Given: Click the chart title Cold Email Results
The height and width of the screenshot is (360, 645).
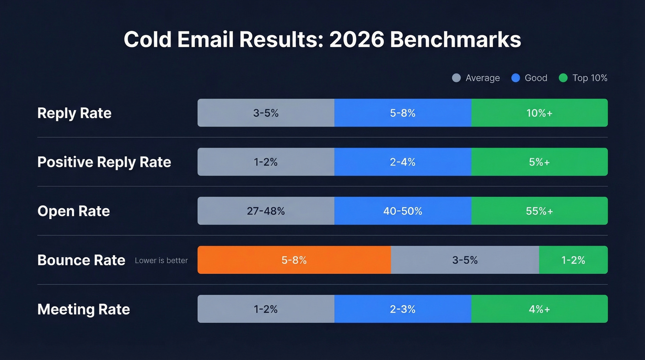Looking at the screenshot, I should (x=322, y=40).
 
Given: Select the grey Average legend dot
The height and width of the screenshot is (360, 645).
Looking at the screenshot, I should (x=457, y=78).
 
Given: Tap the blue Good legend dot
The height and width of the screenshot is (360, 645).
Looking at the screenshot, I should (x=516, y=78).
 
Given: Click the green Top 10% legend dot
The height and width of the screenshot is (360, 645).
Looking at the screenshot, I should (x=563, y=78).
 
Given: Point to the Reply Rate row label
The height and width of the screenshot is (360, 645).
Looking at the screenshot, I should (x=74, y=113).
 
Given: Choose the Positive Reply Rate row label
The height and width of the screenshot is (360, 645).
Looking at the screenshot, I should (x=104, y=162).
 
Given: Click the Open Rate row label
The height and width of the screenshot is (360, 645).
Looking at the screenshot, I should (x=74, y=211).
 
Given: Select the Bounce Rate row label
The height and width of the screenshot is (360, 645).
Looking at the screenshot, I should (x=81, y=260).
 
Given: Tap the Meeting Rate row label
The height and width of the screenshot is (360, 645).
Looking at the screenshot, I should (x=83, y=309).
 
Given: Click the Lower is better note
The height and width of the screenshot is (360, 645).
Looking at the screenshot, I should (x=161, y=260).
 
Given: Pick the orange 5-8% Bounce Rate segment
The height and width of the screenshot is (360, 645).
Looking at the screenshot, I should (x=294, y=260).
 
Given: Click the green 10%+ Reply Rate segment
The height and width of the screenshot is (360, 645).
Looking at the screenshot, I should (x=539, y=113).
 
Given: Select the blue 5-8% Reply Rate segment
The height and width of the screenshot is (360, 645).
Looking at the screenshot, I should (x=403, y=113).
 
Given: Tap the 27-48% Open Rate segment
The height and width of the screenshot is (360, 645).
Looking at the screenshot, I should (x=266, y=211).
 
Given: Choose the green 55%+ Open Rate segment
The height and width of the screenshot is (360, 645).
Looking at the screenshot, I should (x=539, y=211).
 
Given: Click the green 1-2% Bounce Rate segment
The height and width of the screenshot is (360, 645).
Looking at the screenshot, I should (x=573, y=260).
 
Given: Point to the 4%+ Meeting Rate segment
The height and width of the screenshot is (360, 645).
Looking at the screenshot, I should (x=539, y=309).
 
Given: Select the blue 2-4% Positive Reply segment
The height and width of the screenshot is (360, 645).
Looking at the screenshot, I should (x=403, y=162).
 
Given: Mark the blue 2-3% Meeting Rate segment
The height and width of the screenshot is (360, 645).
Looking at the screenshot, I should (x=403, y=309).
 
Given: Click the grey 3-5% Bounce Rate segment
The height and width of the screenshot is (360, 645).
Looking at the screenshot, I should (x=465, y=260).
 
